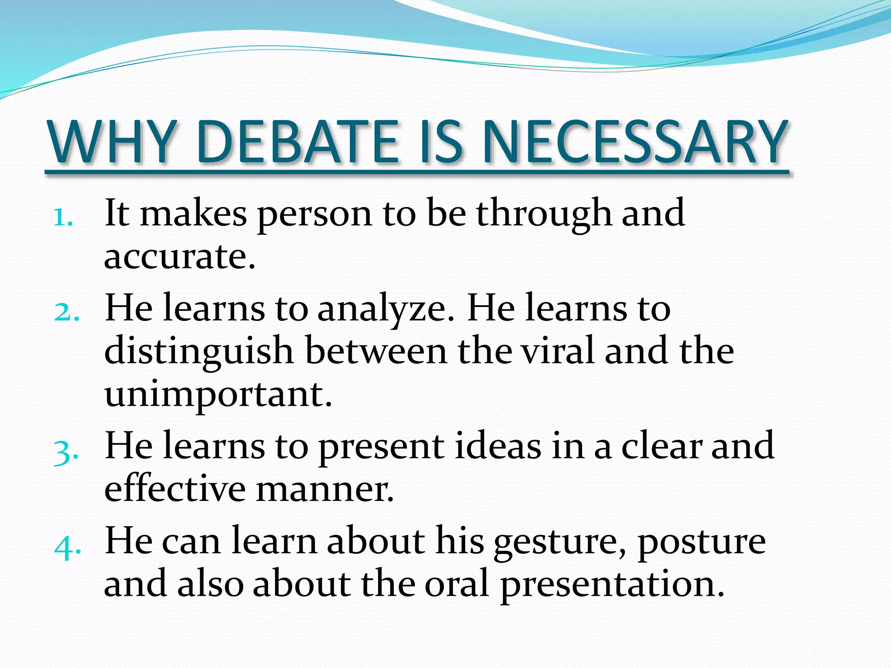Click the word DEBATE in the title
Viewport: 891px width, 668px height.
pyautogui.click(x=298, y=143)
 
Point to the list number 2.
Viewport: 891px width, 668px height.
pyautogui.click(x=67, y=312)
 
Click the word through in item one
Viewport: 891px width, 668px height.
pyautogui.click(x=544, y=214)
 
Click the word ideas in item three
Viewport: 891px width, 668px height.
pyautogui.click(x=498, y=447)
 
